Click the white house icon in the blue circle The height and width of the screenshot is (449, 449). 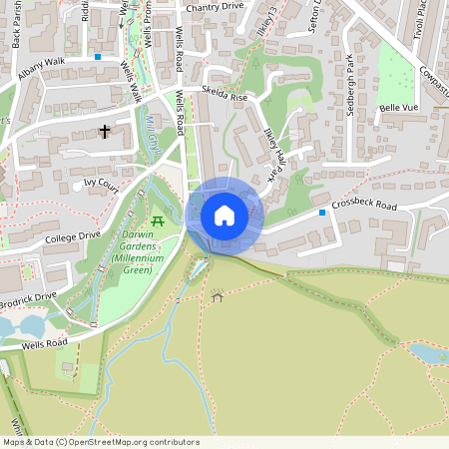pos(224,215)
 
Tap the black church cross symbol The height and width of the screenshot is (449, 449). pos(105,131)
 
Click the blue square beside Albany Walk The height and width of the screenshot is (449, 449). pos(98,57)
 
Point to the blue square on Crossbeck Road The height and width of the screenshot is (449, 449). pos(321,213)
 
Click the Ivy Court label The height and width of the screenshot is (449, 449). pos(101,184)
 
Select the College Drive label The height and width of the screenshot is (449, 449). pos(73,237)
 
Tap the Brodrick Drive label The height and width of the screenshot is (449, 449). pos(28,297)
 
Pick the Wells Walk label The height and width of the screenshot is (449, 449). pos(131,85)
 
